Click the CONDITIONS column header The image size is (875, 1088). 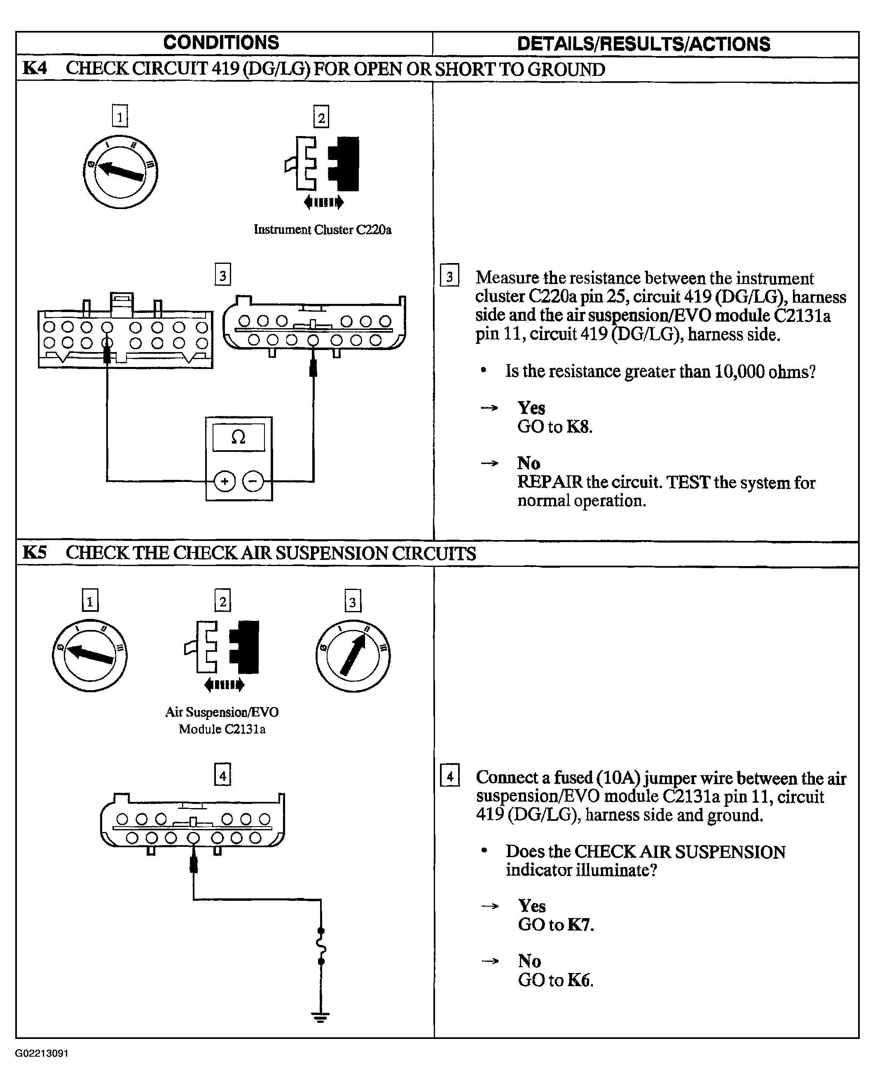pos(221,43)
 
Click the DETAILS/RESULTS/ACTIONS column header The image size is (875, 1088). pos(643,44)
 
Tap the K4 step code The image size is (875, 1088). pos(35,68)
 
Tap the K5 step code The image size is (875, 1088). pos(35,552)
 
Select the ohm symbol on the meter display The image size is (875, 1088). pos(238,437)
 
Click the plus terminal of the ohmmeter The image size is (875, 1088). pos(225,481)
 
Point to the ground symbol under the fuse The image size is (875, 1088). pos(320,1017)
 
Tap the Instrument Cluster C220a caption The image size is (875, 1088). pos(322,230)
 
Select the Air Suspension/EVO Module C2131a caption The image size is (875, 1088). pos(222,720)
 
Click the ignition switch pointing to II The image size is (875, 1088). pos(353,656)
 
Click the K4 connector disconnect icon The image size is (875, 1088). pos(322,172)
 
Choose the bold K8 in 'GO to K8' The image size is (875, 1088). pos(579,427)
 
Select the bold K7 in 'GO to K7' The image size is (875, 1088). pos(580,924)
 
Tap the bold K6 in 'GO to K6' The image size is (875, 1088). pos(580,980)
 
